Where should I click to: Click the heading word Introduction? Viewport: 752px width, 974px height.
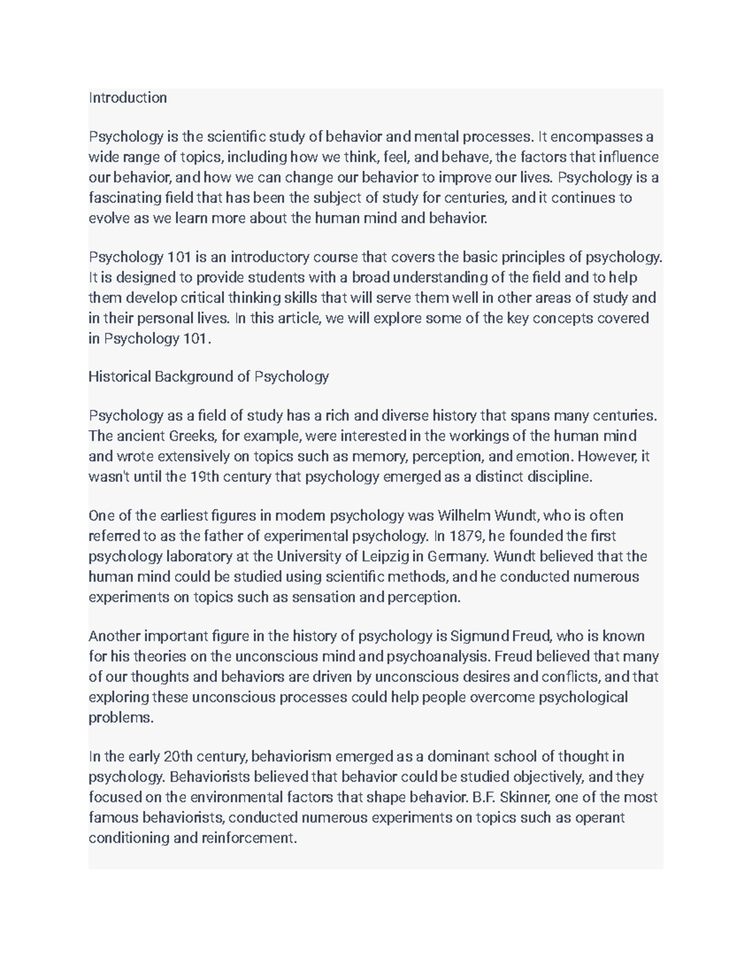click(x=128, y=98)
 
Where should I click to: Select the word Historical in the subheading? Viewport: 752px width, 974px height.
click(x=119, y=377)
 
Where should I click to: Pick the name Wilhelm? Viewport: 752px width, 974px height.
click(x=464, y=516)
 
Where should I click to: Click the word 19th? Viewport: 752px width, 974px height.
click(x=204, y=477)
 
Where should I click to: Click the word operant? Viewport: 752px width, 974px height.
click(x=600, y=818)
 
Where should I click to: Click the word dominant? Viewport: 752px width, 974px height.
click(x=457, y=756)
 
